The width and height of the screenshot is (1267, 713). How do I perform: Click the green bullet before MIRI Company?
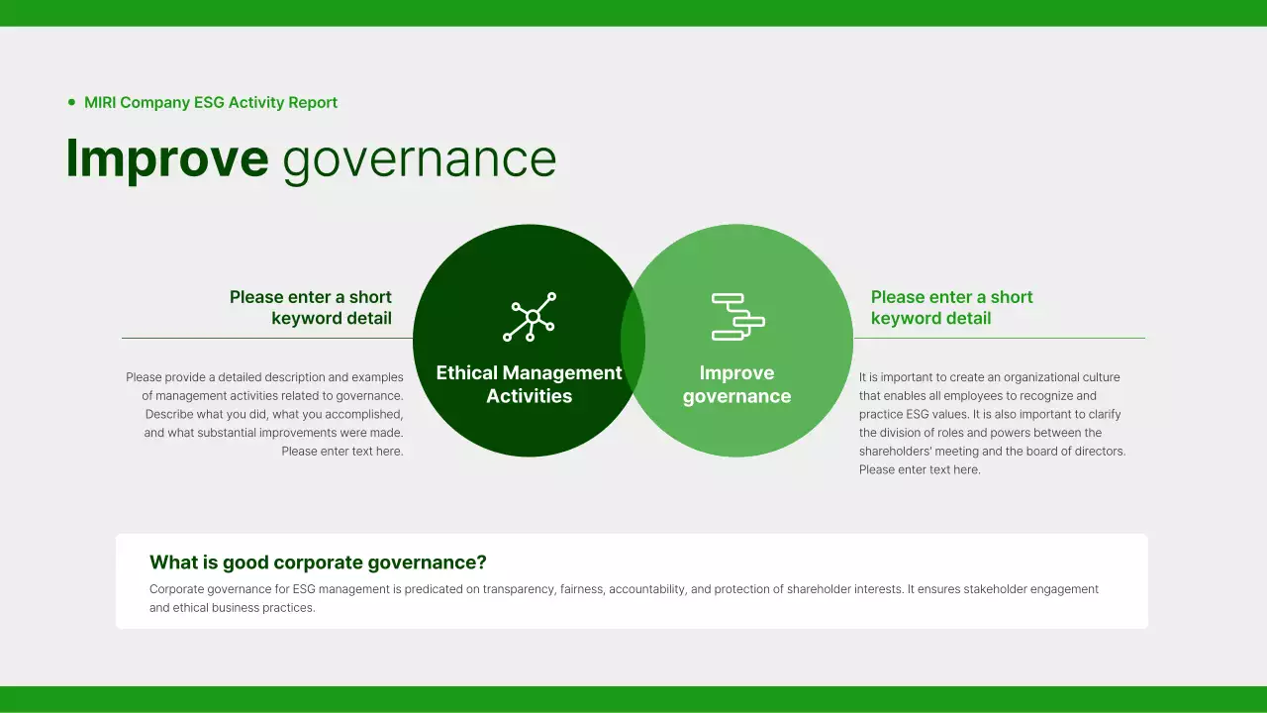pyautogui.click(x=71, y=102)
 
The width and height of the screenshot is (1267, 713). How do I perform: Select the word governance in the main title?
pyautogui.click(x=420, y=160)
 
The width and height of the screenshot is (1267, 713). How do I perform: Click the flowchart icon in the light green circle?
pyautogui.click(x=737, y=317)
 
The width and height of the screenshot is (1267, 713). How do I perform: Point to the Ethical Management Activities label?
pyautogui.click(x=530, y=384)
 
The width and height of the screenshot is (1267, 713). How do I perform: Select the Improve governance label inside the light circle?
pyautogui.click(x=736, y=384)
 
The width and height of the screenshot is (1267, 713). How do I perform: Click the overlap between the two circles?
pyautogui.click(x=633, y=341)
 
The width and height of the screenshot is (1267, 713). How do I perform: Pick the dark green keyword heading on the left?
pyautogui.click(x=311, y=307)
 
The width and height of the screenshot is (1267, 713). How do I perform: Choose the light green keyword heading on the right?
pyautogui.click(x=951, y=307)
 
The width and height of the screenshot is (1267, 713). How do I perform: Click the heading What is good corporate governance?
pyautogui.click(x=318, y=562)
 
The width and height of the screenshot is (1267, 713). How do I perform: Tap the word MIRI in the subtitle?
pyautogui.click(x=100, y=102)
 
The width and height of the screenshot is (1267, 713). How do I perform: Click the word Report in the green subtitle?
pyautogui.click(x=313, y=102)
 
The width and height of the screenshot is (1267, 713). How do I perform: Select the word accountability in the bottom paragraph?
pyautogui.click(x=646, y=589)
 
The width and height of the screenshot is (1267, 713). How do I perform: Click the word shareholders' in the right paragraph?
pyautogui.click(x=893, y=452)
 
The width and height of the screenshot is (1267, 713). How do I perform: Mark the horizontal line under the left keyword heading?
pyautogui.click(x=267, y=338)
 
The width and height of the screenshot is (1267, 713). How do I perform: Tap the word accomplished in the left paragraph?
pyautogui.click(x=366, y=414)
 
